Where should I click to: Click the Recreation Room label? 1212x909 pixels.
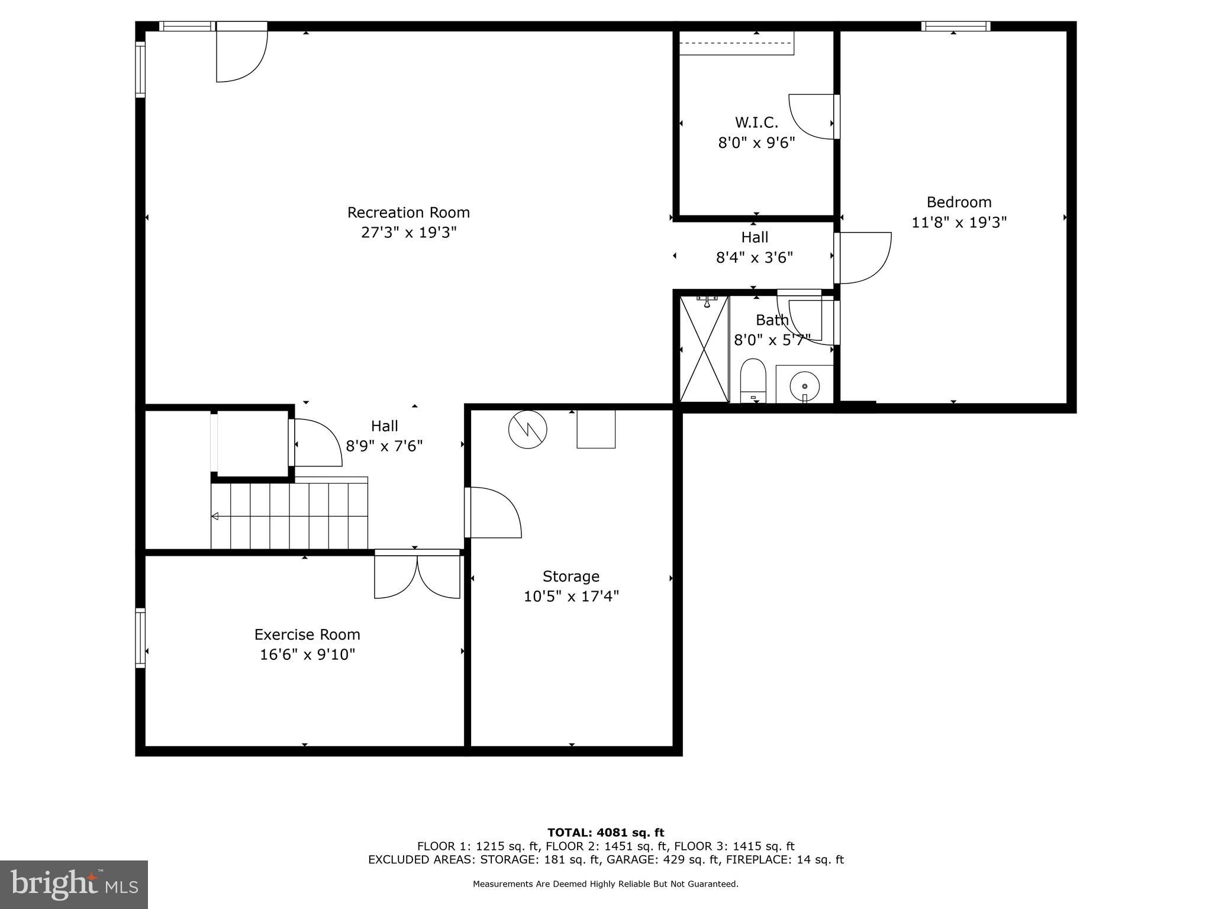pos(408,212)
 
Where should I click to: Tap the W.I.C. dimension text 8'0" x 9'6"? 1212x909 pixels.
pos(756,143)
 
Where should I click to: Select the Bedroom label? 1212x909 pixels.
pos(959,202)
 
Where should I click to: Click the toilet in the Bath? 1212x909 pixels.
pos(753,380)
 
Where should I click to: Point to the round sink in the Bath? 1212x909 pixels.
pos(805,386)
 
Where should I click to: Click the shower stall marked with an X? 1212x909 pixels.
pos(704,349)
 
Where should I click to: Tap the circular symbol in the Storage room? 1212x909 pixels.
pos(527,429)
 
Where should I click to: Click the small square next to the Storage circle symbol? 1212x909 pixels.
pos(596,429)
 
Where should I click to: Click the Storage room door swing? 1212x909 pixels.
pos(494,512)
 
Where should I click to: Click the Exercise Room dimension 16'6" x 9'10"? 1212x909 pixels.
pos(307,655)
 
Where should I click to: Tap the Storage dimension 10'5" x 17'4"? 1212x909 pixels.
pos(570,596)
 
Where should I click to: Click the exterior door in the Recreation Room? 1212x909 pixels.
pos(241,53)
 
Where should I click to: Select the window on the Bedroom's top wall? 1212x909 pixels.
pos(955,26)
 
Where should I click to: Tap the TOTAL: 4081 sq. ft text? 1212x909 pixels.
pos(605,833)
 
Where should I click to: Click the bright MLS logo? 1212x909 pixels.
pos(74,884)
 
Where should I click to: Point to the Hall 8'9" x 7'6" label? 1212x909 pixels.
pos(384,436)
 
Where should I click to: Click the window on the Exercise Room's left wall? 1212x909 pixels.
pos(140,638)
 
